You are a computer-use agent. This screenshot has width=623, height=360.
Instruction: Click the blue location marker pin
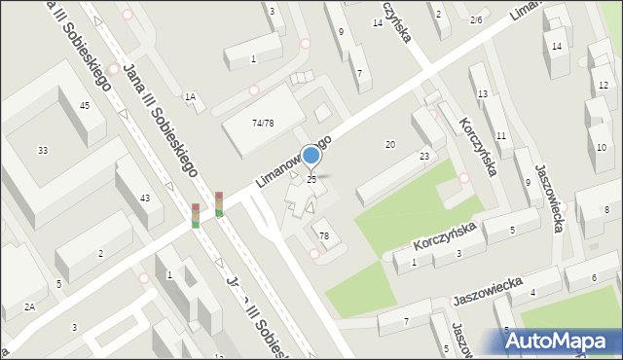pos(311,156)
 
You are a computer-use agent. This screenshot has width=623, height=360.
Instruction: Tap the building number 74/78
pos(262,124)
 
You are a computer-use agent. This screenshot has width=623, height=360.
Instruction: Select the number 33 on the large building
pos(43,150)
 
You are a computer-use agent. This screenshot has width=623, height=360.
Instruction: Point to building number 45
pos(86,105)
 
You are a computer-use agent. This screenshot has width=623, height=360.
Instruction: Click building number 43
pos(145,198)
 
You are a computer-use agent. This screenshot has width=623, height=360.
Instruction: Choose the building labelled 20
pos(389,144)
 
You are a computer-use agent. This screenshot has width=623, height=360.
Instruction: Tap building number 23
pos(424,156)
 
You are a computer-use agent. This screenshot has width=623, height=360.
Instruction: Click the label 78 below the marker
pos(324,236)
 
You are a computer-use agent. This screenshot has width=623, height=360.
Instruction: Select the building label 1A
pos(191,96)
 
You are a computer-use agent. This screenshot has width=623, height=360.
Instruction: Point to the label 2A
pos(30,307)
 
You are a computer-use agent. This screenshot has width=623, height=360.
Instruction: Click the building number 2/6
pos(476,19)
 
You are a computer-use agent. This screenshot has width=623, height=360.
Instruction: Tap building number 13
pos(483,93)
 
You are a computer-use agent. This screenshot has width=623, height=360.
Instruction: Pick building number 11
pos(500,135)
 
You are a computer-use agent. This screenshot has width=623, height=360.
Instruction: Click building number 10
pos(602,147)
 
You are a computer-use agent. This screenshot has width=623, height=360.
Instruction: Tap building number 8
pos(606,210)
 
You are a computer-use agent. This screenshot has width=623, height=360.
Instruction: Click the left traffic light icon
pos(196,215)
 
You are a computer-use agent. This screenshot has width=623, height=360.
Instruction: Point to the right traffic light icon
pos(219,203)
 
